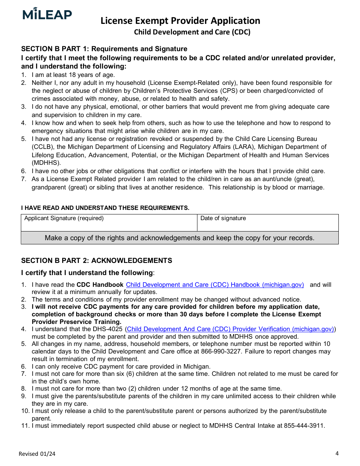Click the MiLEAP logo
(x=47, y=14)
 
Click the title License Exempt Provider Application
(x=180, y=20)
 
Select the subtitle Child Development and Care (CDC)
(x=192, y=32)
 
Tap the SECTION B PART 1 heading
(x=104, y=49)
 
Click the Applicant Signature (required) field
(x=109, y=223)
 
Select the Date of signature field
(x=268, y=223)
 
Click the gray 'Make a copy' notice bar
(x=180, y=238)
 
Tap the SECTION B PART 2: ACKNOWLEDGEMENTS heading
(x=97, y=261)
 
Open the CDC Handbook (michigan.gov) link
(x=215, y=285)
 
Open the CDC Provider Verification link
(x=230, y=329)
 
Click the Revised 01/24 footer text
(x=34, y=454)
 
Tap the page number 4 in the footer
(x=337, y=453)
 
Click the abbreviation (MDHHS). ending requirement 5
(x=46, y=163)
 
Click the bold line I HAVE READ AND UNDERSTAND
(x=105, y=208)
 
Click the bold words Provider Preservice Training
(x=77, y=322)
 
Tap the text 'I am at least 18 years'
(x=68, y=75)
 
